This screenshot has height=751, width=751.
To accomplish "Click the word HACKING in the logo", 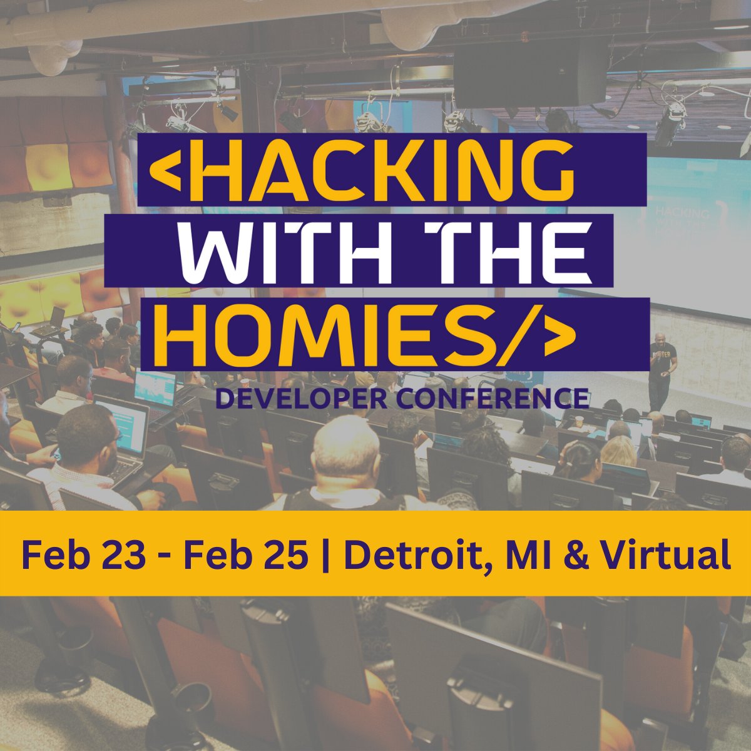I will [375, 168].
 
